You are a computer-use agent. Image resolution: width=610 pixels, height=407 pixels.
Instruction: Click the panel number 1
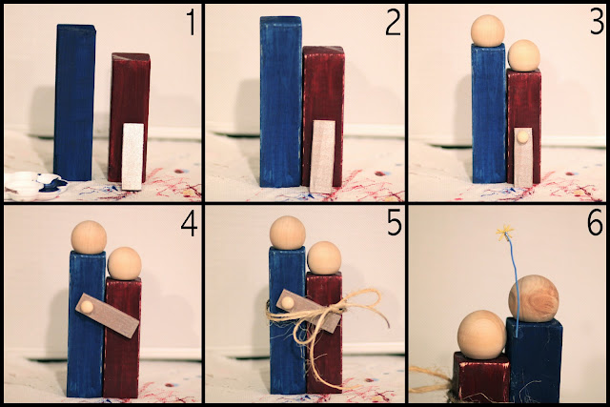pyautogui.click(x=191, y=23)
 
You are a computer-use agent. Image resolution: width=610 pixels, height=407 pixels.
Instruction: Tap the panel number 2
pyautogui.click(x=393, y=23)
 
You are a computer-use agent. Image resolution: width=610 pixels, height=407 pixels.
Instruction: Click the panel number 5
pyautogui.click(x=394, y=224)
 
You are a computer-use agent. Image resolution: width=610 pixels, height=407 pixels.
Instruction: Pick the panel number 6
pyautogui.click(x=595, y=224)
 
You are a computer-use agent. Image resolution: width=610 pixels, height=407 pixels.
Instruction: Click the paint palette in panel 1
pyautogui.click(x=35, y=186)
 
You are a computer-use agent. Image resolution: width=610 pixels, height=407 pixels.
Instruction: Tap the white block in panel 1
pyautogui.click(x=132, y=156)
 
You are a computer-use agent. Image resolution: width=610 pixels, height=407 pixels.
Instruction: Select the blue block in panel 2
pyautogui.click(x=281, y=101)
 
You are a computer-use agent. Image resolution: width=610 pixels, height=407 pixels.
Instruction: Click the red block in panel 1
pyautogui.click(x=130, y=116)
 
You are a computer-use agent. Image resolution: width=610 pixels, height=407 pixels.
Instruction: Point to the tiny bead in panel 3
pyautogui.click(x=522, y=136)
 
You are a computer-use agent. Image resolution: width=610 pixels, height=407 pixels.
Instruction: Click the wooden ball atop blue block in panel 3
pyautogui.click(x=487, y=31)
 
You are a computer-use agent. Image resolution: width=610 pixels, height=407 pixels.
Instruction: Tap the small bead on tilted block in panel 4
pyautogui.click(x=87, y=307)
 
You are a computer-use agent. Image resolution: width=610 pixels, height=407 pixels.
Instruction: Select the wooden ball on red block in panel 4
pyautogui.click(x=125, y=263)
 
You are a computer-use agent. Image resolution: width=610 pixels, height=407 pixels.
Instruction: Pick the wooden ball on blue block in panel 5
pyautogui.click(x=288, y=233)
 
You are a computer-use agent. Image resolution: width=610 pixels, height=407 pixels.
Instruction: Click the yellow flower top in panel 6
pyautogui.click(x=505, y=233)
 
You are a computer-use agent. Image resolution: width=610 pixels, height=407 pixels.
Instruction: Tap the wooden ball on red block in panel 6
pyautogui.click(x=481, y=335)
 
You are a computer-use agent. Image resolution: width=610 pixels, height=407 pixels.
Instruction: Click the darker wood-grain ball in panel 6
pyautogui.click(x=534, y=298)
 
